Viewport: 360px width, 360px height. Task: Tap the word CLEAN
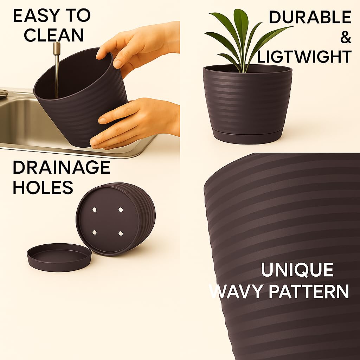point(54,35)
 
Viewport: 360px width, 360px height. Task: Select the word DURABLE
point(310,17)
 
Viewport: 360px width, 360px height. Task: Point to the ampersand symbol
point(346,37)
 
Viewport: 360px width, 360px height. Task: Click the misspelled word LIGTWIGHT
point(304,57)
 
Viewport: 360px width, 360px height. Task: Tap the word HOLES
point(43,187)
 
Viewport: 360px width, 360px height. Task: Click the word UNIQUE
point(297,270)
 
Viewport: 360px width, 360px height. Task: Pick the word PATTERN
point(309,291)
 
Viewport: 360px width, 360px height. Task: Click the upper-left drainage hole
point(94,210)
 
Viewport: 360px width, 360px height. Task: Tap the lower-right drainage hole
point(121,233)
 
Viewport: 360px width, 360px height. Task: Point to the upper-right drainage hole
point(121,210)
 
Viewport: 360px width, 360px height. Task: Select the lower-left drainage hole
point(94,233)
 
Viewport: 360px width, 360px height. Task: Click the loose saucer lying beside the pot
point(59,257)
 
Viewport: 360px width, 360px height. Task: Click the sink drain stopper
point(4,93)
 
